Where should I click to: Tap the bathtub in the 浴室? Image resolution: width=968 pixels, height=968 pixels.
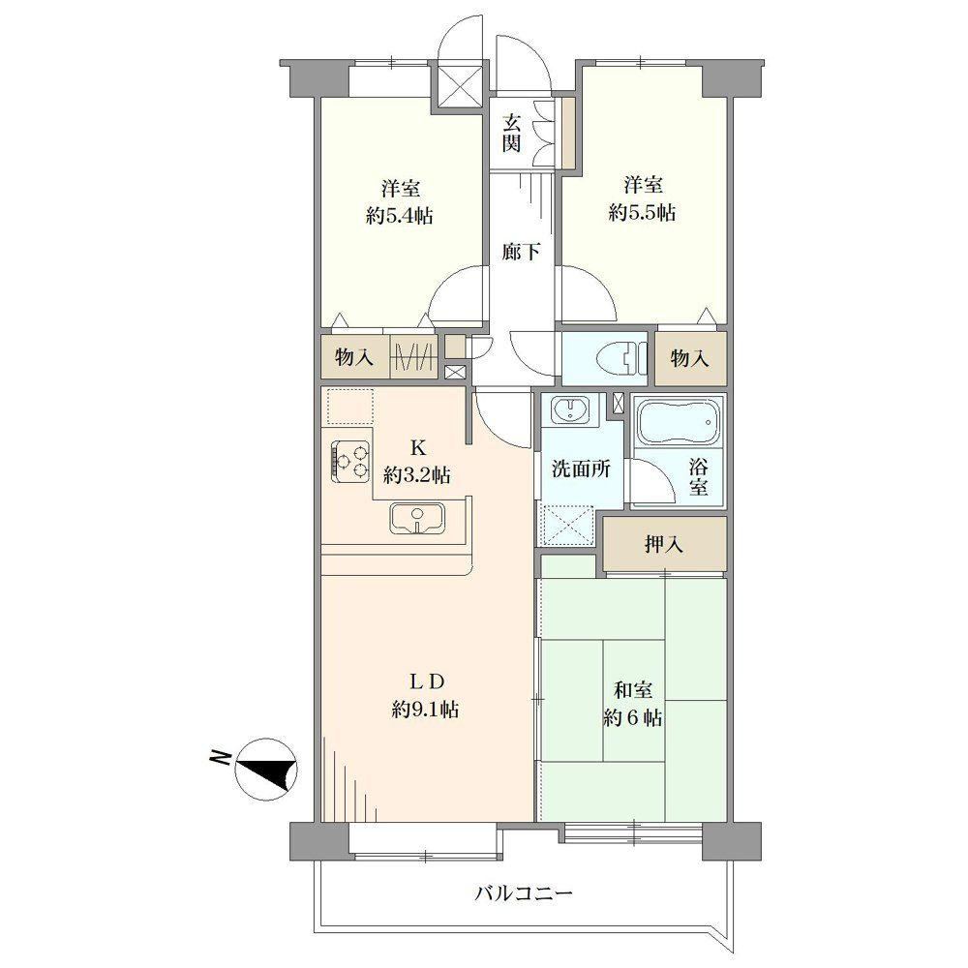pos(679,423)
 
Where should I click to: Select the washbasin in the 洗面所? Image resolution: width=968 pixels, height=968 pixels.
pos(568,408)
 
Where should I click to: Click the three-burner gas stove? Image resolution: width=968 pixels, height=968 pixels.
pos(350,461)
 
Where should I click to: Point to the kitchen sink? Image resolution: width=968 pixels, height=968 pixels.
pos(417,518)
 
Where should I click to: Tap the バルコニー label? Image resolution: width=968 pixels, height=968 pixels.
pos(524,892)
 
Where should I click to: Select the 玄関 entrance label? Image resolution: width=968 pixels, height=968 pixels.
pos(511,133)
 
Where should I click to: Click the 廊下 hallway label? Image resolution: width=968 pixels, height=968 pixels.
pos(521,252)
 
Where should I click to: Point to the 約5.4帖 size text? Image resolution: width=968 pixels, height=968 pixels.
pos(399,216)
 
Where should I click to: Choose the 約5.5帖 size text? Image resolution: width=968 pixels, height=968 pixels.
pos(642,213)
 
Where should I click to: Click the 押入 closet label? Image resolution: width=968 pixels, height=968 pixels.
pos(664,544)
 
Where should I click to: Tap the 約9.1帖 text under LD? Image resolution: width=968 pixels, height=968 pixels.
pos(425,710)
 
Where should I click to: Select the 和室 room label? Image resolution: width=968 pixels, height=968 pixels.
pos(633,689)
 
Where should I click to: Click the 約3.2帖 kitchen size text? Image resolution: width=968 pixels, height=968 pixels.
pos(416,474)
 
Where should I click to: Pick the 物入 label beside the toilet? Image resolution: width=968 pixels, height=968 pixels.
pos(689,358)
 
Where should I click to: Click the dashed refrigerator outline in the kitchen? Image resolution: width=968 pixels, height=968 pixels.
pos(350,406)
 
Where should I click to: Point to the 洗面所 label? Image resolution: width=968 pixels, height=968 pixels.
pos(581,469)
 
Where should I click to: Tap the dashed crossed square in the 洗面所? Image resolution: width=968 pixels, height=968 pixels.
pos(566,526)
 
